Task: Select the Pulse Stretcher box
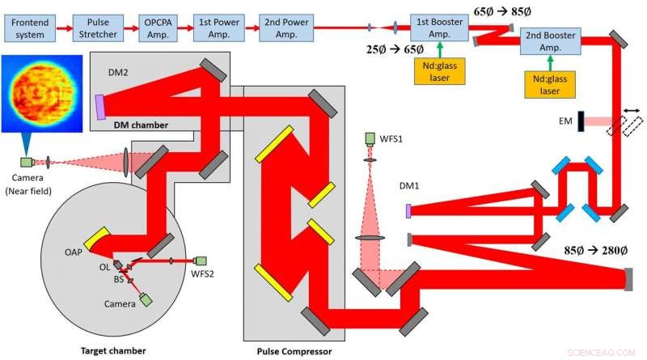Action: click(96, 28)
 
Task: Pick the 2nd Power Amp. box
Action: click(285, 28)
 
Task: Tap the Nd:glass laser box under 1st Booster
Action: click(441, 72)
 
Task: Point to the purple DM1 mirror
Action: click(408, 211)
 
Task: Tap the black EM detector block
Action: click(581, 121)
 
